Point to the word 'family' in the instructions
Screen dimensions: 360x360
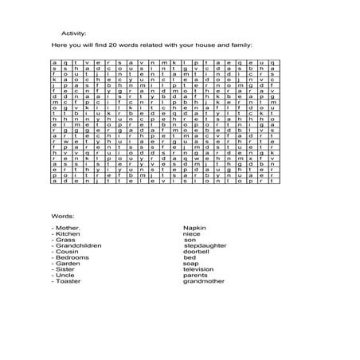(237, 48)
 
